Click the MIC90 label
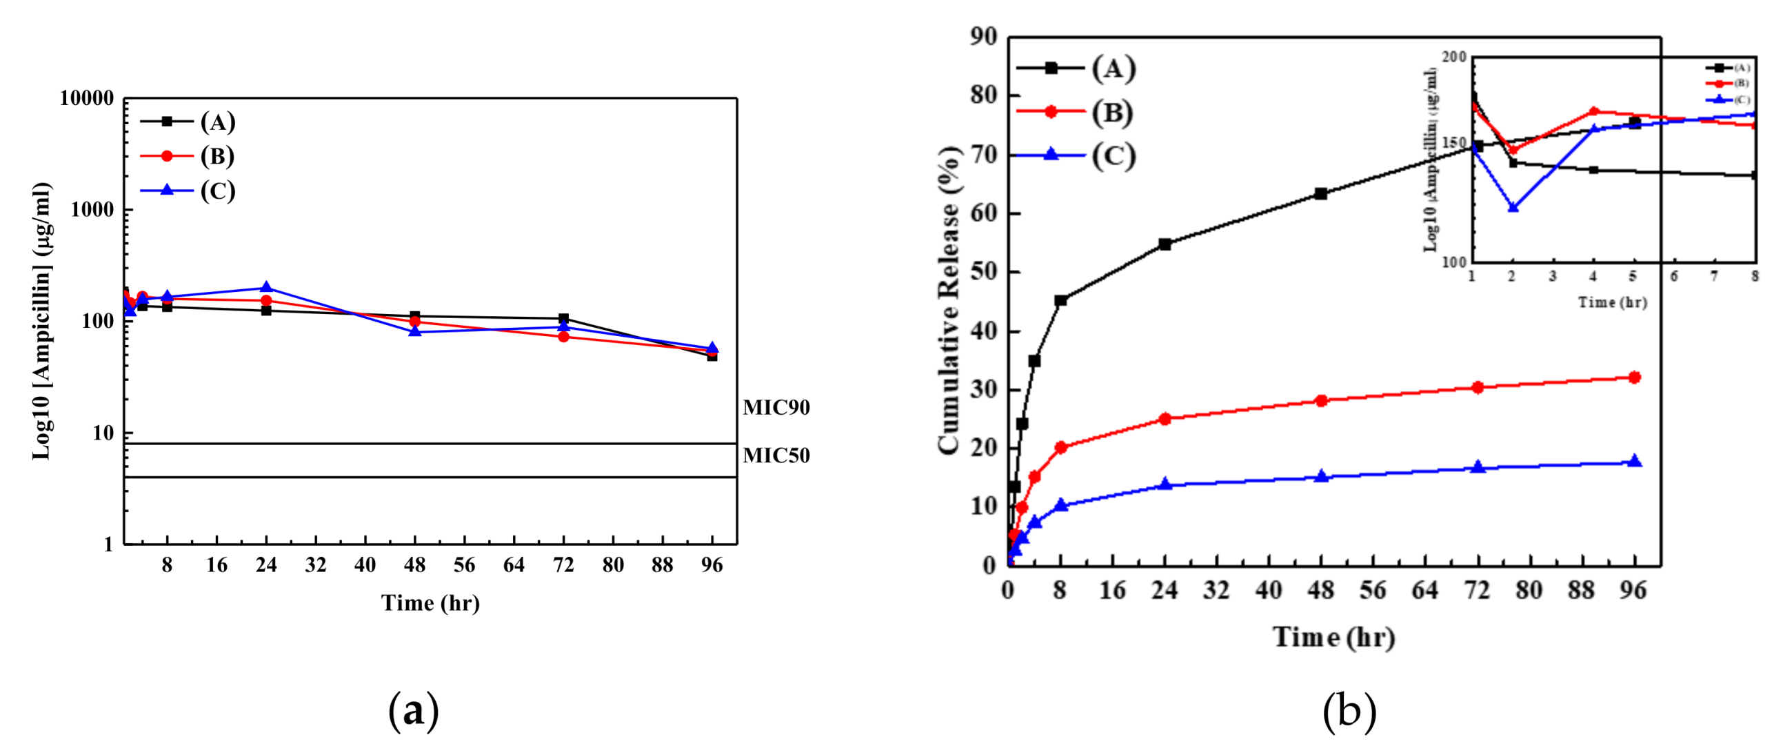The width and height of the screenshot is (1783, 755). click(776, 407)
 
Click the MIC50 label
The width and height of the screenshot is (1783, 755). click(776, 455)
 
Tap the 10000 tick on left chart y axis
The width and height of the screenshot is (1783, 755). click(86, 99)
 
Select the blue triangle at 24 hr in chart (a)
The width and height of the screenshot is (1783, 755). click(266, 288)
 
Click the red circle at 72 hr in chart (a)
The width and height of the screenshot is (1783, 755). click(563, 337)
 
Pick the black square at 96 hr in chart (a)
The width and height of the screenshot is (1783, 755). click(712, 356)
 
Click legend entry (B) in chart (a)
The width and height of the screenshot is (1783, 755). click(217, 156)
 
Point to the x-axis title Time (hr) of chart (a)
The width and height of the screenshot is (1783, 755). click(430, 602)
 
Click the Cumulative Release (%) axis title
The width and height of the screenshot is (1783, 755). click(949, 301)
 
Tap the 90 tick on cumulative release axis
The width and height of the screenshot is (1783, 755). click(983, 37)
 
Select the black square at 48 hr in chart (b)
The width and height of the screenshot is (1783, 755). click(1320, 194)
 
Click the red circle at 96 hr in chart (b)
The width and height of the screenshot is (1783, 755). click(1634, 377)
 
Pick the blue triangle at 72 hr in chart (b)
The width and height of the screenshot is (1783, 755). click(1478, 467)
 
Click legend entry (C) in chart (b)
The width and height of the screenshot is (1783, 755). click(1113, 155)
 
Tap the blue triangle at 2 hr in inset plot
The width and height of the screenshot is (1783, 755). click(1512, 207)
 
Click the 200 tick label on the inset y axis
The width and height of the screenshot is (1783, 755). click(1454, 57)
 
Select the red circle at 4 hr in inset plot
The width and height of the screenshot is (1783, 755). click(1593, 112)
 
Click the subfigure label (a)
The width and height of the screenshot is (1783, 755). click(413, 712)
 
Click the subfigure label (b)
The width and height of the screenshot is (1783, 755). click(1349, 712)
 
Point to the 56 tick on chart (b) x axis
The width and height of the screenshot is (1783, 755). click(1373, 590)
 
